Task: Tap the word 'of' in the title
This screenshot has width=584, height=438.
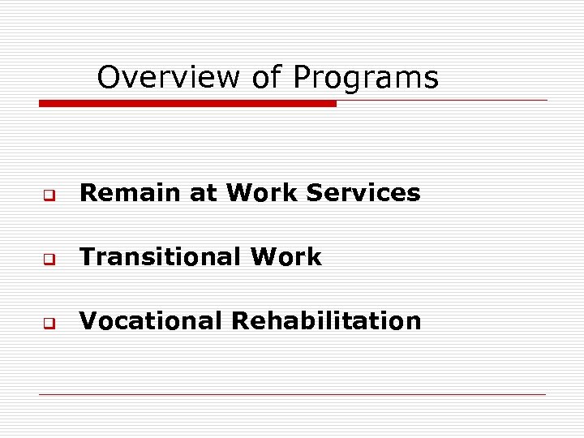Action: click(266, 78)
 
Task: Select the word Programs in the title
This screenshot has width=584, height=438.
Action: click(365, 78)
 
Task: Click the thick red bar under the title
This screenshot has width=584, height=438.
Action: click(187, 104)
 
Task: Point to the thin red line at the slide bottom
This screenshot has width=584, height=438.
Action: click(292, 394)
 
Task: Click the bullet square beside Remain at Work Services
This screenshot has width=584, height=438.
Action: click(49, 195)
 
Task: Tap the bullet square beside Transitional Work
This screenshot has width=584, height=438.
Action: click(49, 260)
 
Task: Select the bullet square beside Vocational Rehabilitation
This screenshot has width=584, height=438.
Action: click(49, 324)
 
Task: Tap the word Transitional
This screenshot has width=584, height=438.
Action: click(160, 257)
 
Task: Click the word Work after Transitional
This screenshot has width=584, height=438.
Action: click(286, 257)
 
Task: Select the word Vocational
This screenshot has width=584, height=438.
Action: click(151, 321)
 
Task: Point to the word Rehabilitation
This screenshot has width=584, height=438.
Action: click(326, 321)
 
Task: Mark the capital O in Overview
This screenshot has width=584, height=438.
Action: click(108, 78)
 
